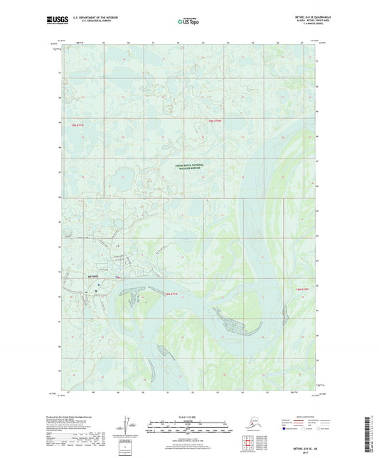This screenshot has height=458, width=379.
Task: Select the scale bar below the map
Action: (190, 430)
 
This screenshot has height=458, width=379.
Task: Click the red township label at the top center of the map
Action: (215, 122)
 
